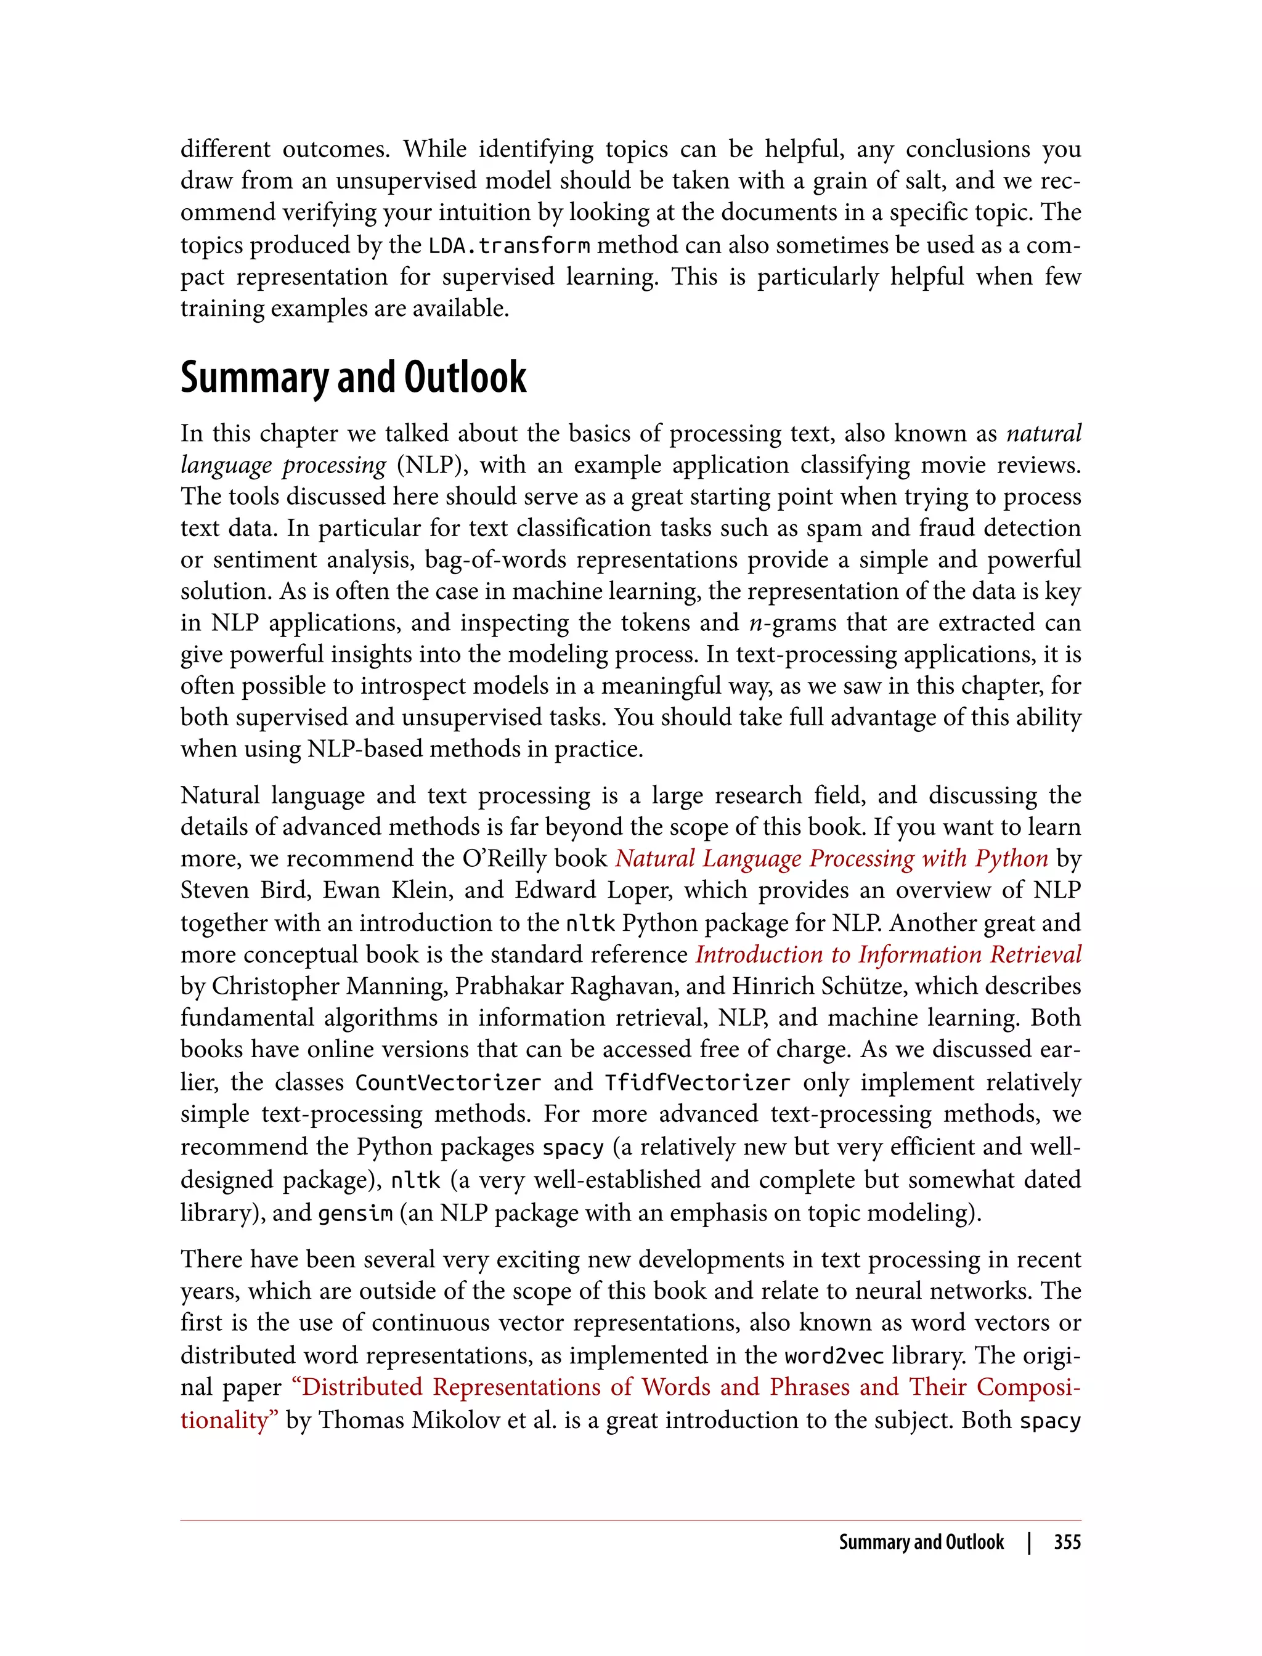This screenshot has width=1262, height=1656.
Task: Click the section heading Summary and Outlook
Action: coord(353,377)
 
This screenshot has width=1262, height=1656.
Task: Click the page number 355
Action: coord(1067,1542)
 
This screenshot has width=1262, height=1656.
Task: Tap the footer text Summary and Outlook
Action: coord(921,1542)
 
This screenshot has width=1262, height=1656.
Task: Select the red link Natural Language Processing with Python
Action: coord(831,858)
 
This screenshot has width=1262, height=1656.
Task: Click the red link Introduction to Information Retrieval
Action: coord(888,954)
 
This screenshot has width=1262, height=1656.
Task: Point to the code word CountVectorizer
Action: coord(448,1083)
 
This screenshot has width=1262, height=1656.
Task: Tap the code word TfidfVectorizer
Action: coord(697,1083)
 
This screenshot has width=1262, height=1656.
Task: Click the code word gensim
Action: coord(356,1214)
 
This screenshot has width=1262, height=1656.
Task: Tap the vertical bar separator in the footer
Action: coord(1029,1542)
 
